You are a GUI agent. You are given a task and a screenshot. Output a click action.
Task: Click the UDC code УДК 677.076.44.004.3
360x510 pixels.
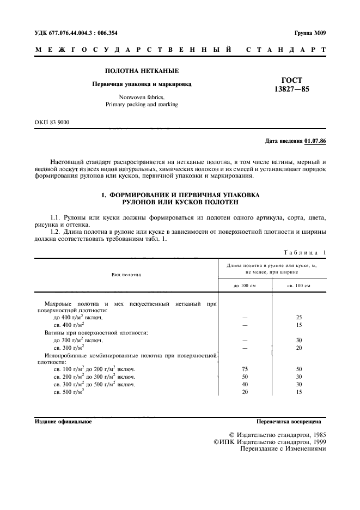pyautogui.click(x=60, y=33)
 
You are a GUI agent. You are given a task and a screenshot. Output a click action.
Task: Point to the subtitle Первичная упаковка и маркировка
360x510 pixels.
pyautogui.click(x=141, y=84)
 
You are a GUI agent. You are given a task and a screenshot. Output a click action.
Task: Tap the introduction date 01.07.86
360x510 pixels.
pyautogui.click(x=315, y=142)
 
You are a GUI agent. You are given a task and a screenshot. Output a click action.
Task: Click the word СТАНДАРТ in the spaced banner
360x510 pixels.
pyautogui.click(x=286, y=50)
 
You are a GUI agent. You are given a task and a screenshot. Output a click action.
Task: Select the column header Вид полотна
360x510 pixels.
pyautogui.click(x=126, y=274)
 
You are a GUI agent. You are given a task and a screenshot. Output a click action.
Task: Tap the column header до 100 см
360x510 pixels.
pyautogui.click(x=245, y=286)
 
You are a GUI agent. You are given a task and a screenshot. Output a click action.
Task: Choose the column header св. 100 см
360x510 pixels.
pyautogui.click(x=299, y=286)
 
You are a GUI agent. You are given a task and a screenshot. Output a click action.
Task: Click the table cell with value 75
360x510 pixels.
pyautogui.click(x=245, y=369)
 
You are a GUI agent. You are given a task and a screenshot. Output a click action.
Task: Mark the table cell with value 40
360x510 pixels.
pyautogui.click(x=245, y=384)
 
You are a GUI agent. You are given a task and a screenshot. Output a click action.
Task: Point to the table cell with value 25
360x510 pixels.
pyautogui.click(x=299, y=317)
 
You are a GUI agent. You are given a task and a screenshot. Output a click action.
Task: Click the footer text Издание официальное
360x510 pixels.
pyautogui.click(x=63, y=421)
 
